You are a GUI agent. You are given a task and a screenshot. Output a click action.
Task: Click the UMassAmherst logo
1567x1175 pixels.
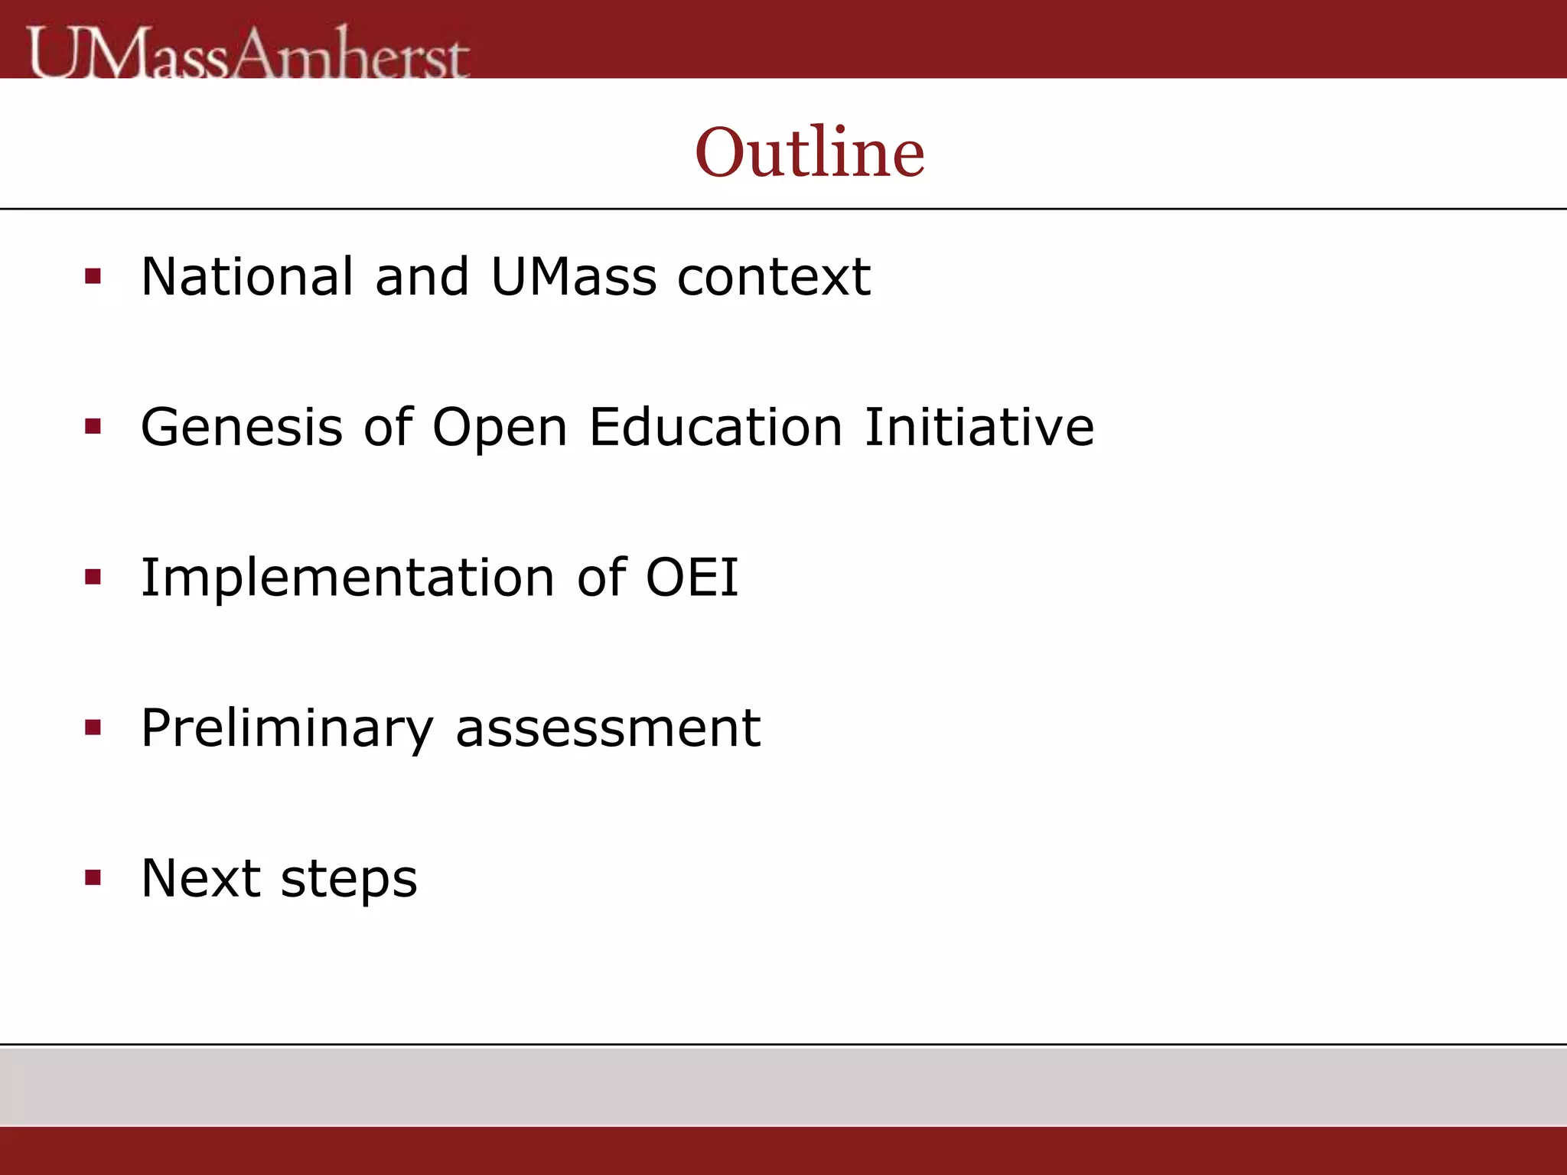coord(249,54)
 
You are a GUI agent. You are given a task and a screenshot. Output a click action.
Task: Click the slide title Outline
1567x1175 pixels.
coord(810,152)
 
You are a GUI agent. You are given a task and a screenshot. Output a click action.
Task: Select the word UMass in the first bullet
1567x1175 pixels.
coord(573,276)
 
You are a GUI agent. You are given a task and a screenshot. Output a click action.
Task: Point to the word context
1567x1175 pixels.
coord(774,277)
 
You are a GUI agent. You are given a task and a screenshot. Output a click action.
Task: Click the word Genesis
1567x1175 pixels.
coord(242,427)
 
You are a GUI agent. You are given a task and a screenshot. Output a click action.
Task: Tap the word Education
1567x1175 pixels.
coord(715,427)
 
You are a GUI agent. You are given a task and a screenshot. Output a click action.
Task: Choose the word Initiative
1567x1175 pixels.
coord(979,427)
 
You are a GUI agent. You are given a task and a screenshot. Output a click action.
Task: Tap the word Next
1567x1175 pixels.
coord(200,878)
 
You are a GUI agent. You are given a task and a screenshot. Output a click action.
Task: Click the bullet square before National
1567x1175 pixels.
coord(93,276)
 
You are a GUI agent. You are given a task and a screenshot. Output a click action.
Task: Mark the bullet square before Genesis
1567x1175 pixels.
coord(93,427)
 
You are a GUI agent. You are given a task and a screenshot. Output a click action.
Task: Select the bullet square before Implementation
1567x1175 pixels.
coord(93,577)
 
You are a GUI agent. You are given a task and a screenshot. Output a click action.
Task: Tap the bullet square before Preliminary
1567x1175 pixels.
coord(93,727)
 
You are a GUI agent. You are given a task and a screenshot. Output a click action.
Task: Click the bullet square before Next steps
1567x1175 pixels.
coord(93,877)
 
